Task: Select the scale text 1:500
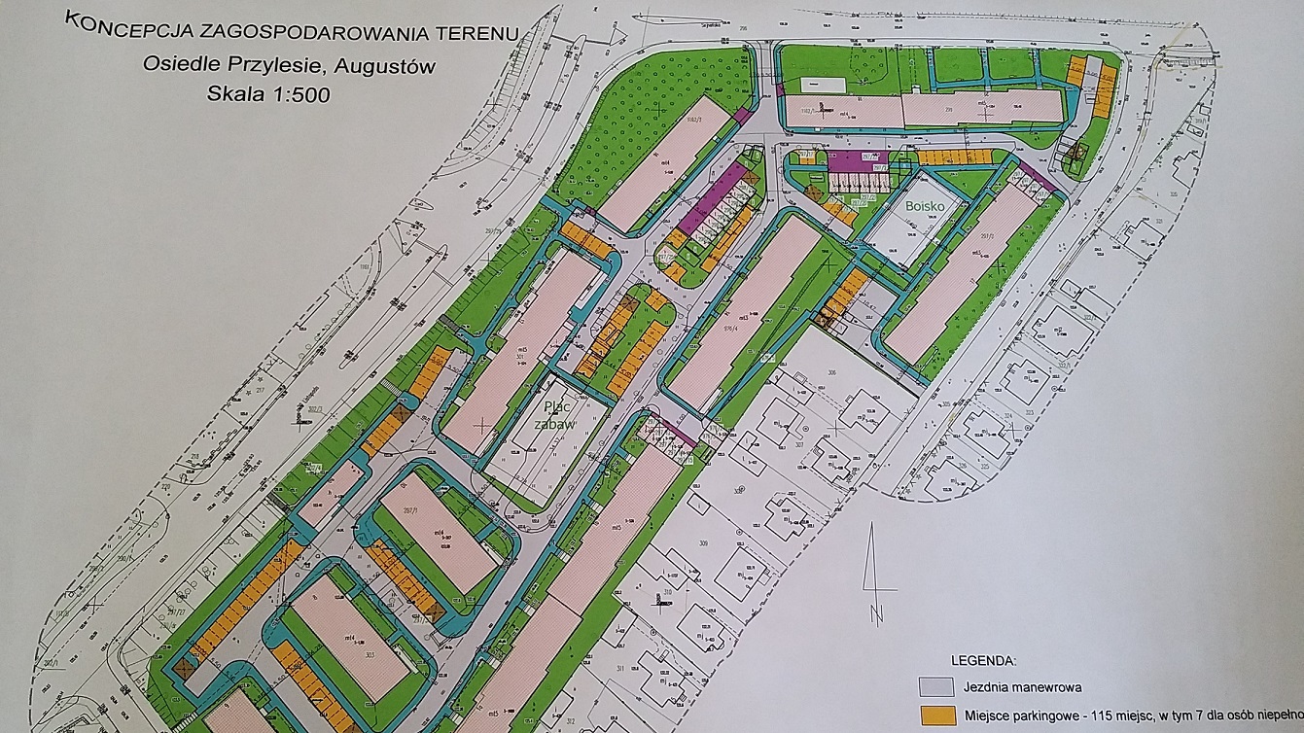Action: point(298,94)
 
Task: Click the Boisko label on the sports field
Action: point(926,207)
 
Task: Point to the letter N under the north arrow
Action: point(876,613)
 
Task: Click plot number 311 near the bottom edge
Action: point(620,668)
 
